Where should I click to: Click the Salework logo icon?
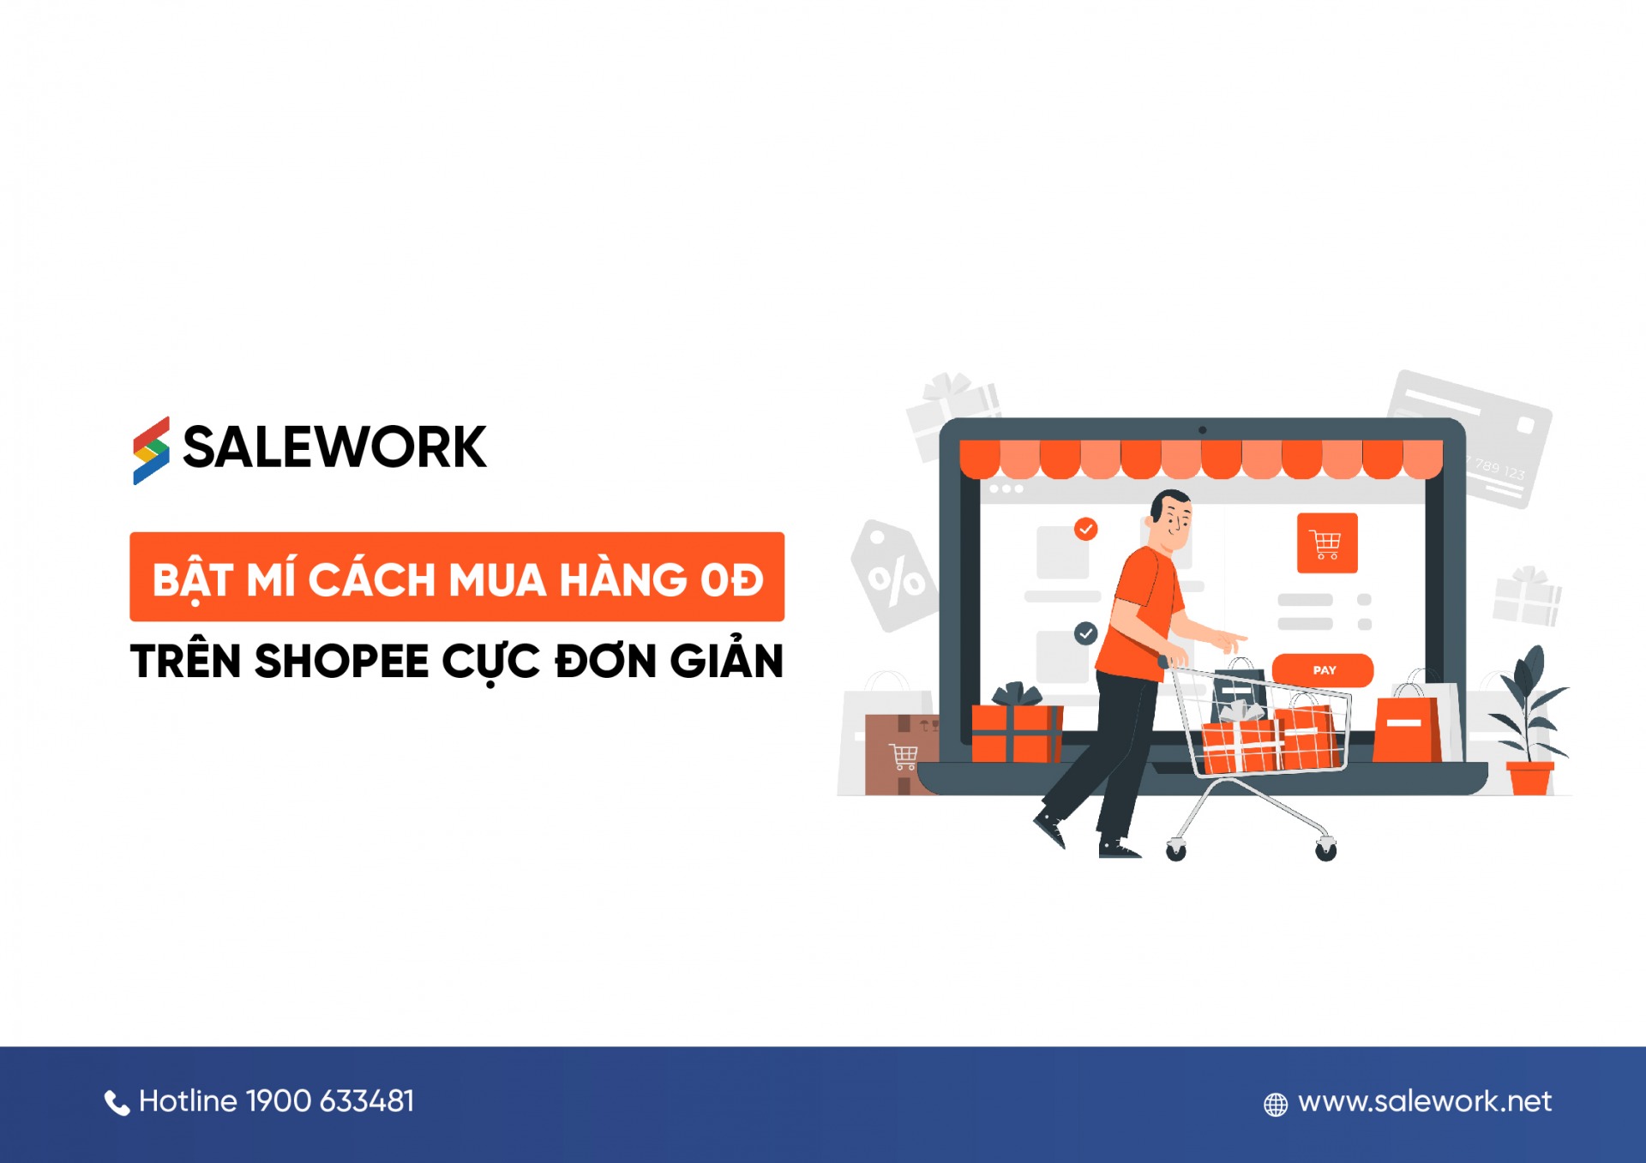pyautogui.click(x=151, y=450)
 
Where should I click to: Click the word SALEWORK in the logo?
pyautogui.click(x=334, y=447)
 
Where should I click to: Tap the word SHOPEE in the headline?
pyautogui.click(x=341, y=662)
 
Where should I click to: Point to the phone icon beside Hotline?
pyautogui.click(x=117, y=1102)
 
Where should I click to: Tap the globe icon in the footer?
pyautogui.click(x=1276, y=1105)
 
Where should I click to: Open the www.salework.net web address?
pyautogui.click(x=1425, y=1101)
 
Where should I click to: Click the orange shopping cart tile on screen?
pyautogui.click(x=1327, y=543)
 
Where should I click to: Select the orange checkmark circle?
pyautogui.click(x=1086, y=529)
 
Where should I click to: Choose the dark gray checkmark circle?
pyautogui.click(x=1086, y=633)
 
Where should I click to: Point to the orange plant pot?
pyautogui.click(x=1530, y=777)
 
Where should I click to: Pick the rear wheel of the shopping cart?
pyautogui.click(x=1176, y=850)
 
